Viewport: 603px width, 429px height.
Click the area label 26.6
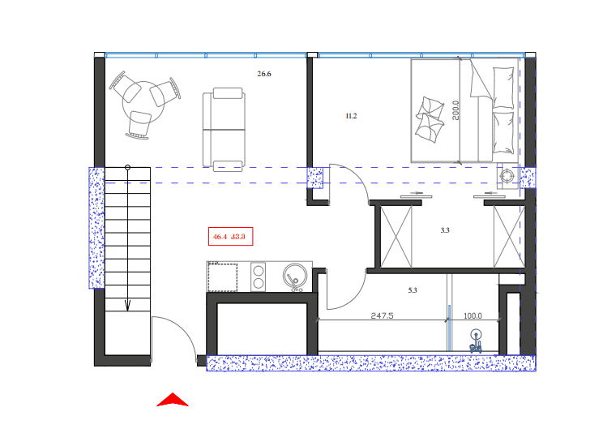(x=264, y=74)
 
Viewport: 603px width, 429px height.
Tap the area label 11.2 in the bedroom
(x=351, y=117)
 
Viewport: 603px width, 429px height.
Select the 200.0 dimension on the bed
(x=456, y=110)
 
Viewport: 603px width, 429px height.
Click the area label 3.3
(x=444, y=230)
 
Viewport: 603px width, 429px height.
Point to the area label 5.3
(x=412, y=290)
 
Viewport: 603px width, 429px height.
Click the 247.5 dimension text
(x=382, y=316)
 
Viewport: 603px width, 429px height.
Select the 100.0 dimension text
(x=473, y=316)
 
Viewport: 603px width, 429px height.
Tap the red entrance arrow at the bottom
(x=172, y=399)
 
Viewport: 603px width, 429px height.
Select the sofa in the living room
(x=224, y=130)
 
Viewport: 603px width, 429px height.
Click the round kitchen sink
(x=295, y=277)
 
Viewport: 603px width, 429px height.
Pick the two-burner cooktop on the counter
(x=259, y=277)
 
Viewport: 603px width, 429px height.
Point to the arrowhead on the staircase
(x=127, y=306)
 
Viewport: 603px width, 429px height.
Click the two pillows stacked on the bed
(x=430, y=118)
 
